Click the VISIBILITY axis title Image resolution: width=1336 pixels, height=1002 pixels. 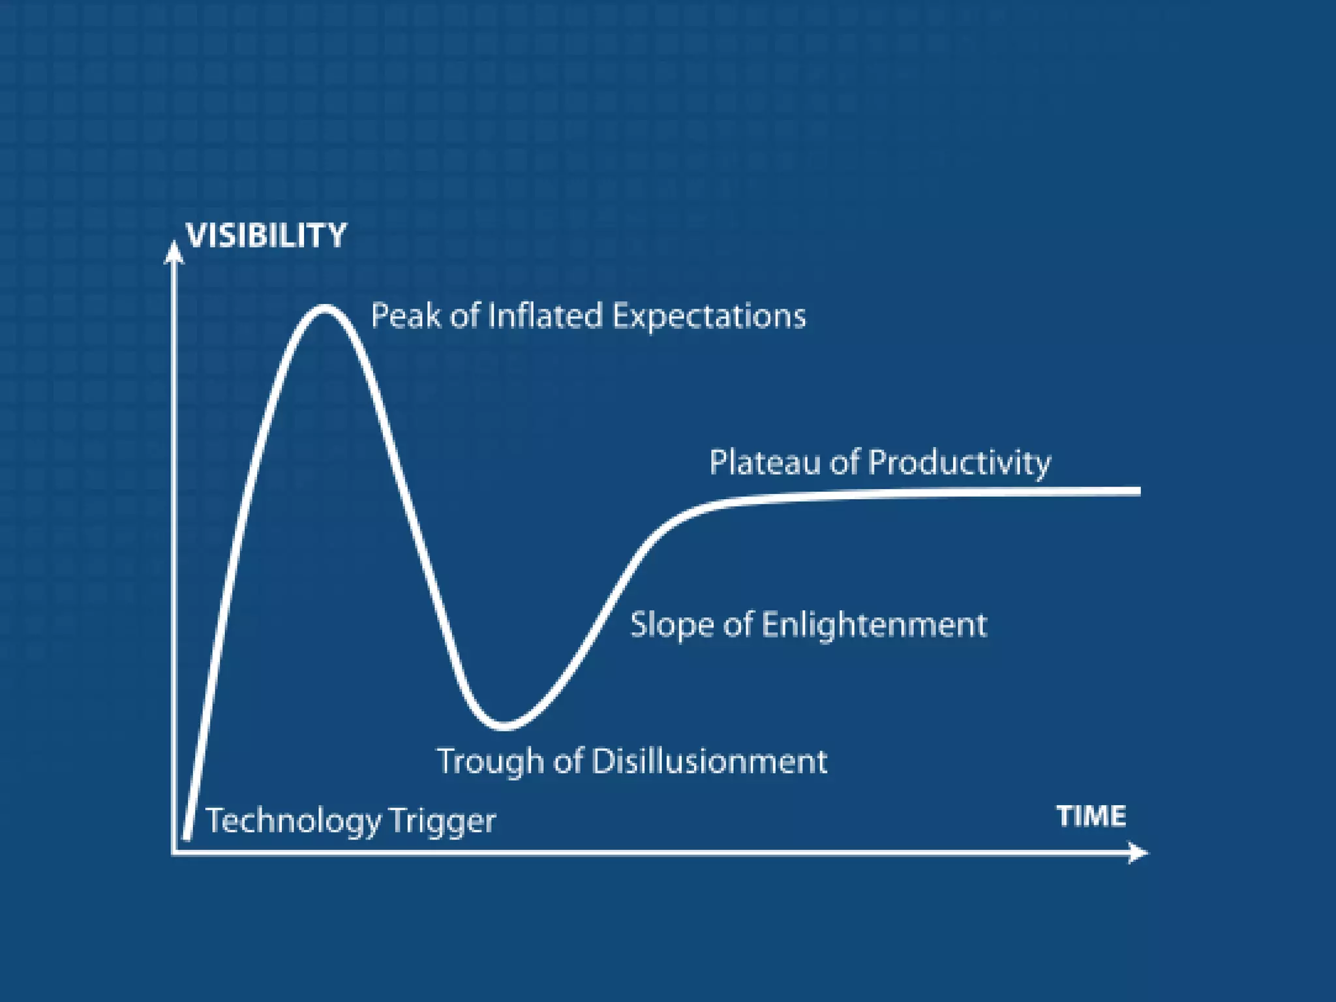(x=266, y=235)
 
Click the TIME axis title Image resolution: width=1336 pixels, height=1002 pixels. (x=1091, y=816)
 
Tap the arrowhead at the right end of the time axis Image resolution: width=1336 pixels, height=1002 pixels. (x=1138, y=853)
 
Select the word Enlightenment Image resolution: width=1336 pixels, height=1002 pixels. (x=874, y=625)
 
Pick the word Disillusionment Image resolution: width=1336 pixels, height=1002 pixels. (x=709, y=761)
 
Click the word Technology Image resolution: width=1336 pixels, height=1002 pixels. (x=293, y=821)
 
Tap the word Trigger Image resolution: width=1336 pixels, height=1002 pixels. (x=442, y=821)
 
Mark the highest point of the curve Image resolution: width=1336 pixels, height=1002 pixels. (x=324, y=309)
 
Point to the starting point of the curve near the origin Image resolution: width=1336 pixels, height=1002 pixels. (x=187, y=837)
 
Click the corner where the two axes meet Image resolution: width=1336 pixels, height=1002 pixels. (x=174, y=852)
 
